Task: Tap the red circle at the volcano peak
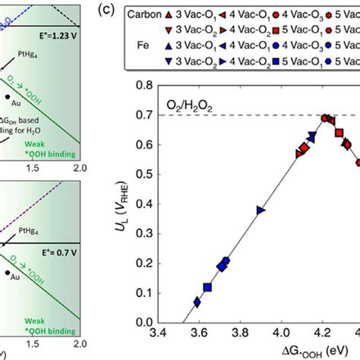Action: (x=325, y=118)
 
